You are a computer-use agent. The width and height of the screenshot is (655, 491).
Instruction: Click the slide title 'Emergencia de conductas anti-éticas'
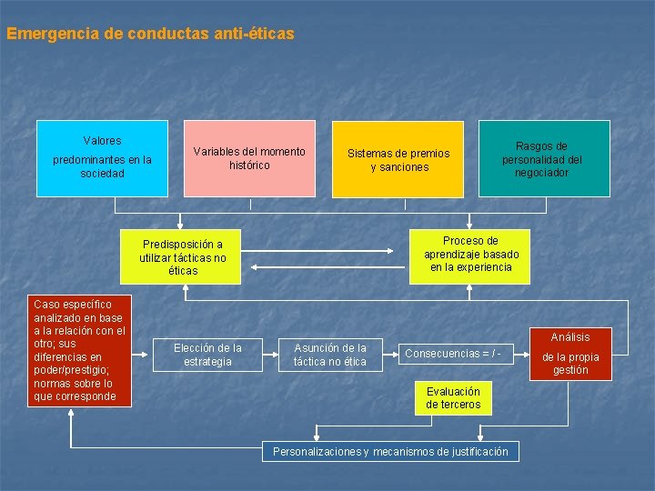tap(150, 34)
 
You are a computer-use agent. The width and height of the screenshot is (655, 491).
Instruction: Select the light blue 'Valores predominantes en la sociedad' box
tap(102, 158)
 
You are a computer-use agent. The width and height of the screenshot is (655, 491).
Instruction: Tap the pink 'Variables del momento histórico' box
tap(249, 158)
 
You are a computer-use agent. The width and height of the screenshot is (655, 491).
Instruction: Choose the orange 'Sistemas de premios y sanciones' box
tap(398, 159)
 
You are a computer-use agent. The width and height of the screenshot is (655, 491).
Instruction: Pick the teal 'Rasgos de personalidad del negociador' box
tap(544, 158)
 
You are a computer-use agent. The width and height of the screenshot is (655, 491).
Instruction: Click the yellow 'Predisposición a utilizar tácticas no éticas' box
tap(183, 257)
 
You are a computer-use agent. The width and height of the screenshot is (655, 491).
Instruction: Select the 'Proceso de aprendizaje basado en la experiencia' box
tap(471, 255)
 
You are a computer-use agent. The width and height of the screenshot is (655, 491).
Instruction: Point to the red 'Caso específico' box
tap(79, 350)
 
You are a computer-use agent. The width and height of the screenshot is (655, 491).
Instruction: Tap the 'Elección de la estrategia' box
tap(207, 355)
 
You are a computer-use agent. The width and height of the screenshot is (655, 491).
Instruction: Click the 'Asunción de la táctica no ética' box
tap(329, 355)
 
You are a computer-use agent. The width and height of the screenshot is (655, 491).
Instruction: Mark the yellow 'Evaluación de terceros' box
tap(453, 397)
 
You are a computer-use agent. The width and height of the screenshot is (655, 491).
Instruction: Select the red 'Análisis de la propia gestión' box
tap(570, 351)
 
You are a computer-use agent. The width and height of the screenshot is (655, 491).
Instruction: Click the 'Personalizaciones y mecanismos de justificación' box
tap(390, 451)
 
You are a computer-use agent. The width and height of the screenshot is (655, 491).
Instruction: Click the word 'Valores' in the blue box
tap(102, 141)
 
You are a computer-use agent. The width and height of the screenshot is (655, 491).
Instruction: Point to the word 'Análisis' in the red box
tap(570, 337)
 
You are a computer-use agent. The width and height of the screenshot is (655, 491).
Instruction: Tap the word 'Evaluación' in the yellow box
tap(453, 391)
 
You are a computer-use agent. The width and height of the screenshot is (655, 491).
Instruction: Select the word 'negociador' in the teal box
tap(542, 173)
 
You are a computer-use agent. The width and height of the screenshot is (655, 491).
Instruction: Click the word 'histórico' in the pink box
tap(249, 165)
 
